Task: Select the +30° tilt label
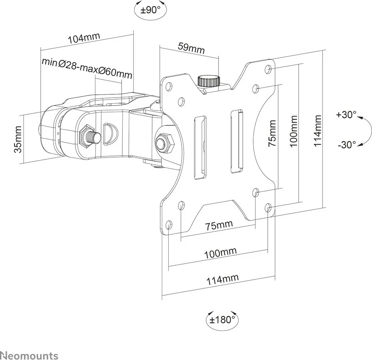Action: coord(346,115)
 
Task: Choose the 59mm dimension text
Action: coord(191,48)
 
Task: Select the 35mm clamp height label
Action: coord(18,139)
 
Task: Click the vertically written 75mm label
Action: coord(273,133)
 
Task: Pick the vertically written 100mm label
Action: coord(294,131)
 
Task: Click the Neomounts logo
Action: coord(29,355)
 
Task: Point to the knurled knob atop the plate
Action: coord(209,80)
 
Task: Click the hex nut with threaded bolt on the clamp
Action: coord(89,135)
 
